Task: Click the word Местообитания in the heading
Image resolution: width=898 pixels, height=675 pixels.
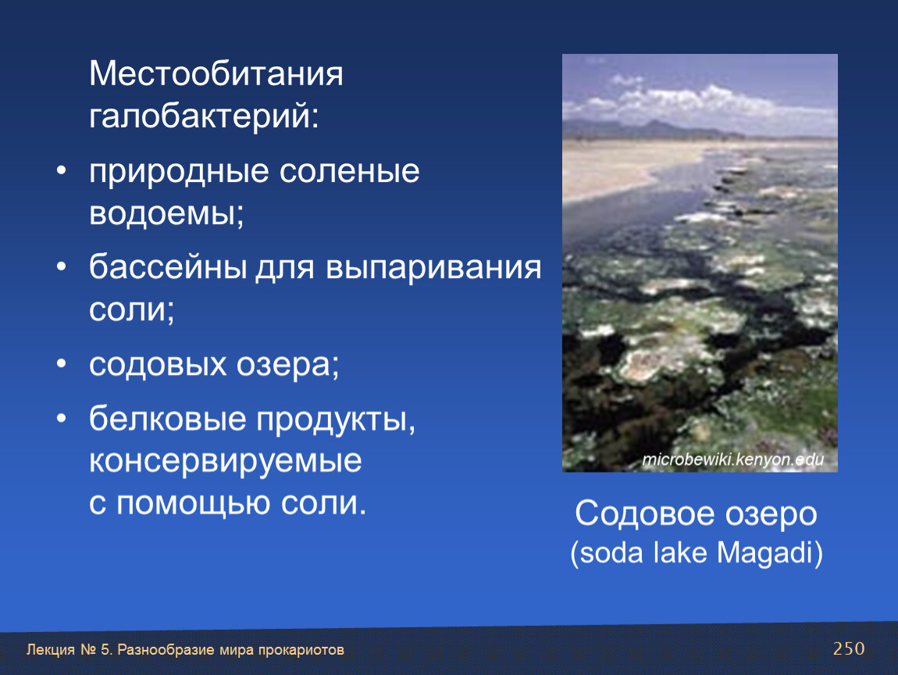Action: pyautogui.click(x=216, y=74)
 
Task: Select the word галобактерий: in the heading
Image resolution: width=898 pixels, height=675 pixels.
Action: pyautogui.click(x=204, y=116)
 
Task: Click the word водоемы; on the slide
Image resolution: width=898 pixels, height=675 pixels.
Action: pyautogui.click(x=166, y=213)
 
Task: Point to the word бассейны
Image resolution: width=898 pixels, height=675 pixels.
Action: pyautogui.click(x=168, y=267)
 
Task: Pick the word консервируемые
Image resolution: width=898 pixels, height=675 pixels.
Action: pyautogui.click(x=226, y=462)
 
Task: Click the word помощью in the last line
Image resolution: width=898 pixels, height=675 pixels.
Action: pyautogui.click(x=194, y=504)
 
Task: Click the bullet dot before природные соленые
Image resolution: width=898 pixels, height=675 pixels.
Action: pyautogui.click(x=62, y=170)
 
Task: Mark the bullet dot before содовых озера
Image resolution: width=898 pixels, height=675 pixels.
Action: pyautogui.click(x=62, y=363)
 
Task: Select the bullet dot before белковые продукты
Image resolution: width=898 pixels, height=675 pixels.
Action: pyautogui.click(x=62, y=418)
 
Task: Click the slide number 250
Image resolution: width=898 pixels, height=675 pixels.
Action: pyautogui.click(x=849, y=648)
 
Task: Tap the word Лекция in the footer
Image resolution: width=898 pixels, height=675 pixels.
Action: pyautogui.click(x=51, y=650)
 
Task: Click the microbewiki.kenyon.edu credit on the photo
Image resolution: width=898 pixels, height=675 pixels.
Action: pyautogui.click(x=733, y=459)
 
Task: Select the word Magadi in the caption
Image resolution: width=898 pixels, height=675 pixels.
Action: pyautogui.click(x=770, y=553)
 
